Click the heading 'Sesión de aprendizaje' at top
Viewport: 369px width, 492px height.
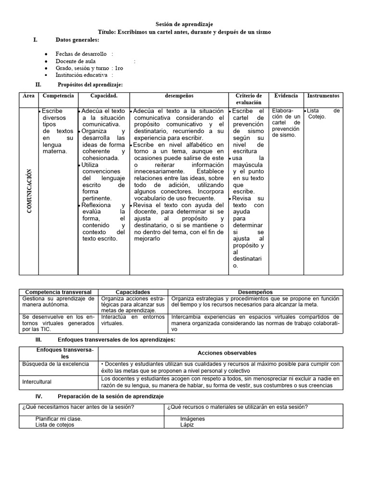(184, 24)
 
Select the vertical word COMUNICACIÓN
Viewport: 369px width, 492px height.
(30, 192)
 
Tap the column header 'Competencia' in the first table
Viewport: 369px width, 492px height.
(58, 96)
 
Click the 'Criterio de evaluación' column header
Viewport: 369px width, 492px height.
(248, 99)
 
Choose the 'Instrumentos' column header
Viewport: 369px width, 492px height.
(323, 96)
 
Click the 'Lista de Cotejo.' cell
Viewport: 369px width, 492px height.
(323, 113)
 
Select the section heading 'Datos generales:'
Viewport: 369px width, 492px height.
(77, 39)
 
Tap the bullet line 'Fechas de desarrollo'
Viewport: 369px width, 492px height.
(81, 54)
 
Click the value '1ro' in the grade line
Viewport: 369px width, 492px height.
(119, 68)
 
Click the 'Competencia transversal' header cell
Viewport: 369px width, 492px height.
(59, 292)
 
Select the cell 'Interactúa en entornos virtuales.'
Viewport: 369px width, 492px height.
(133, 320)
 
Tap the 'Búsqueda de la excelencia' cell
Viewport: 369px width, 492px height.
(56, 364)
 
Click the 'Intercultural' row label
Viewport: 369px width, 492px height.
(37, 382)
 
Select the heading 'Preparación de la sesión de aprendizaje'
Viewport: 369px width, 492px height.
(110, 396)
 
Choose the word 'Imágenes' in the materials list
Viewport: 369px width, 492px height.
(192, 418)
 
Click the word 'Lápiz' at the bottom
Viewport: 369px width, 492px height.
(187, 425)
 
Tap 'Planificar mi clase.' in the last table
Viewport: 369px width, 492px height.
(58, 418)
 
